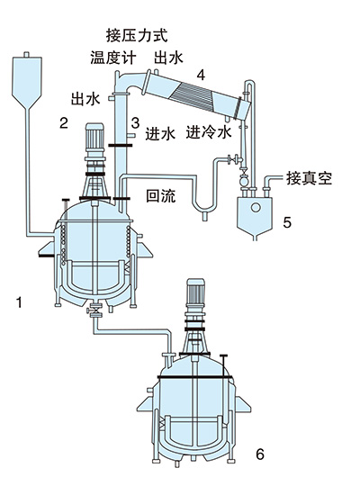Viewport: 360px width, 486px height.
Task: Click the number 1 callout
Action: point(20,301)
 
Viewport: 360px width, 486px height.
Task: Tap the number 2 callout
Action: point(64,123)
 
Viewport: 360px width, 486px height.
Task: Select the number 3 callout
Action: point(135,122)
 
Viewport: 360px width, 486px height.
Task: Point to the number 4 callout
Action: point(201,75)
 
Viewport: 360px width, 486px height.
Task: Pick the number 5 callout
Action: point(287,222)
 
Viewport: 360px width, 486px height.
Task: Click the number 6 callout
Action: point(260,454)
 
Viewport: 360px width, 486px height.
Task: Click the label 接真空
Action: point(309,178)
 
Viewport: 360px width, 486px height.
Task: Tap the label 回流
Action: point(160,195)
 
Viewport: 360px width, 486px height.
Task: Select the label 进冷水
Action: point(209,131)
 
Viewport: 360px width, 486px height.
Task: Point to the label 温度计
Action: point(113,58)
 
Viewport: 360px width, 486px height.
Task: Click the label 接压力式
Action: point(137,35)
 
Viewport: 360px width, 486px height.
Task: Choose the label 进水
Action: point(160,133)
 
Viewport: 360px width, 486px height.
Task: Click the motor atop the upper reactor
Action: point(94,137)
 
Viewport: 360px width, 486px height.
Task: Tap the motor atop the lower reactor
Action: point(195,292)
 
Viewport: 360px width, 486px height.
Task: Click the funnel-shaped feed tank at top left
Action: point(27,81)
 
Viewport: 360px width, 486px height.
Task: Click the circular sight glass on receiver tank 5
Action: point(256,207)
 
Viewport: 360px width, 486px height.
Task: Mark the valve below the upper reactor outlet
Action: point(94,310)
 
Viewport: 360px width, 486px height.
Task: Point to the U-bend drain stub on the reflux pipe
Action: point(205,216)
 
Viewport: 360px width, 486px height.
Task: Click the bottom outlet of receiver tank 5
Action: point(255,238)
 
